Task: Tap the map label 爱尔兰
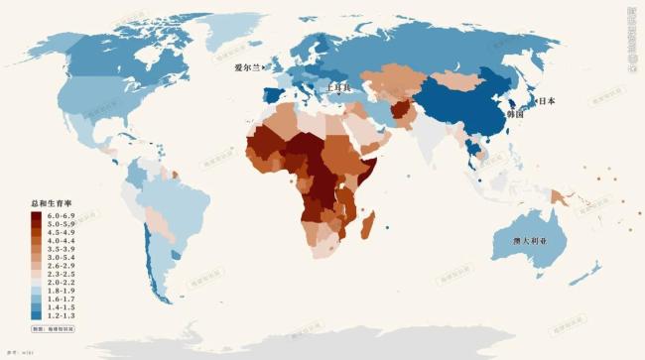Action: pos(247,68)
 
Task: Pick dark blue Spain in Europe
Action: pos(272,97)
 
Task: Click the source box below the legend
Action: pos(54,327)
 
